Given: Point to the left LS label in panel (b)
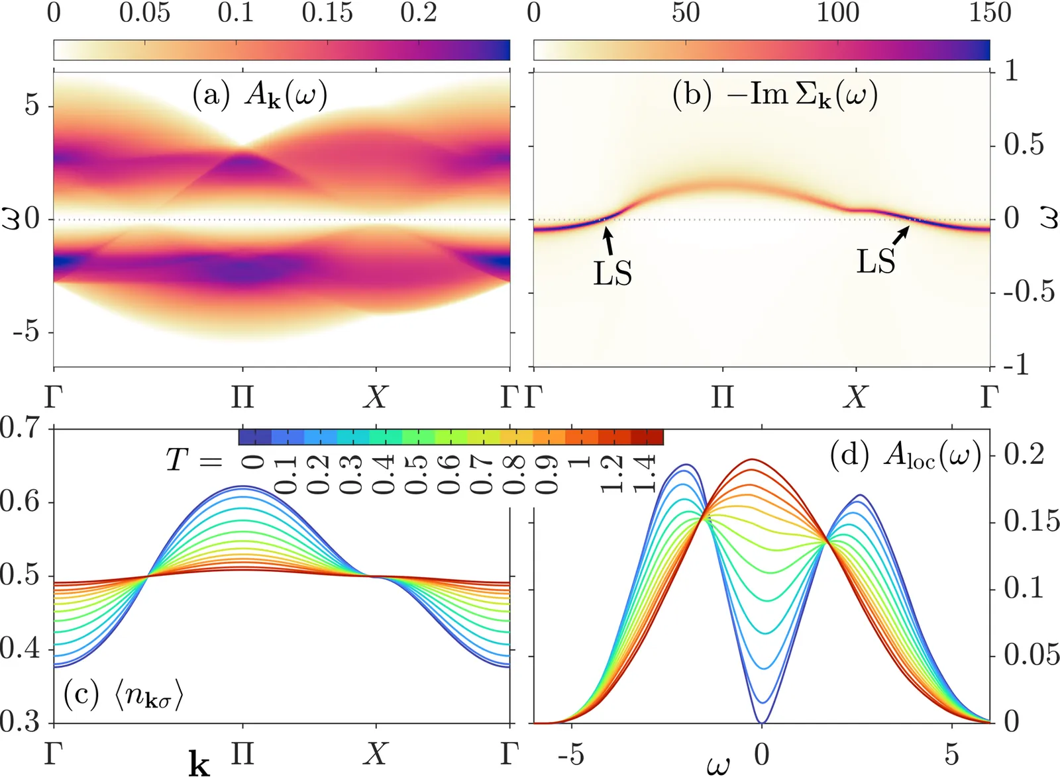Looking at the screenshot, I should point(612,273).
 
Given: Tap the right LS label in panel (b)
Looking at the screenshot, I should point(876,261).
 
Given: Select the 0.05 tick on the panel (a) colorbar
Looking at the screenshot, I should point(144,13).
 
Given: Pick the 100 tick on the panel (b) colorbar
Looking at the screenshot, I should point(837,13).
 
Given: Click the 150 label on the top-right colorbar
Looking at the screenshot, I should point(990,13).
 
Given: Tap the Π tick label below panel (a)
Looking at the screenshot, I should point(242,397).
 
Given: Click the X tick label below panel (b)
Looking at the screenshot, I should point(856,397).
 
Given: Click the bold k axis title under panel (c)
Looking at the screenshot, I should point(199,764).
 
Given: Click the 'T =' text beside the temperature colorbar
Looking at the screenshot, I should point(193,459).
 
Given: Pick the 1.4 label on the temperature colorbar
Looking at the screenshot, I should point(644,474).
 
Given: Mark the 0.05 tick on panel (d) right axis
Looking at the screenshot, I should point(1031,655).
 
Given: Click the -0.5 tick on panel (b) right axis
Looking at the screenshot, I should point(1028,291).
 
